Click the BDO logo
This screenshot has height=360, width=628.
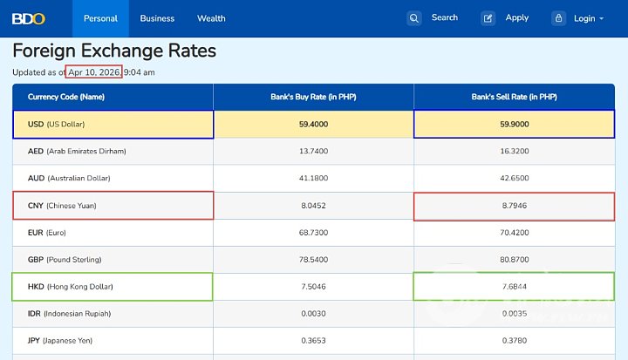coord(29,18)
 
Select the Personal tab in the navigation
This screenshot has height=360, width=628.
coord(100,18)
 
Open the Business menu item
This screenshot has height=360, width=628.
coord(157,18)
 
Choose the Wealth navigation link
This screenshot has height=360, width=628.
coord(211,18)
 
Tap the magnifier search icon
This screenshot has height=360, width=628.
coord(414,18)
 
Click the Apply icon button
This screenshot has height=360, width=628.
coord(488,18)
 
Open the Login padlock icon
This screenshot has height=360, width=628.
coord(559,18)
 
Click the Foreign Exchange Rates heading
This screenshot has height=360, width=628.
coord(114,51)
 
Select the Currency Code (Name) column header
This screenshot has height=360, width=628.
coord(66,97)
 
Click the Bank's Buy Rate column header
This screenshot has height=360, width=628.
coord(313,97)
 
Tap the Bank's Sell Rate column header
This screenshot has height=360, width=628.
coord(514,97)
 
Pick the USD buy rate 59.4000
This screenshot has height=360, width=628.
coord(313,124)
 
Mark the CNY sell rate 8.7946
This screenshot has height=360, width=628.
coord(514,206)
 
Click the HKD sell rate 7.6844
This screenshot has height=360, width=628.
coord(514,287)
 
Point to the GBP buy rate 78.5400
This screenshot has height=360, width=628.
coord(313,260)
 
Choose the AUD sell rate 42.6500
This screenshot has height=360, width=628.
coord(514,178)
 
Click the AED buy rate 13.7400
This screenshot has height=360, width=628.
coord(313,151)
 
